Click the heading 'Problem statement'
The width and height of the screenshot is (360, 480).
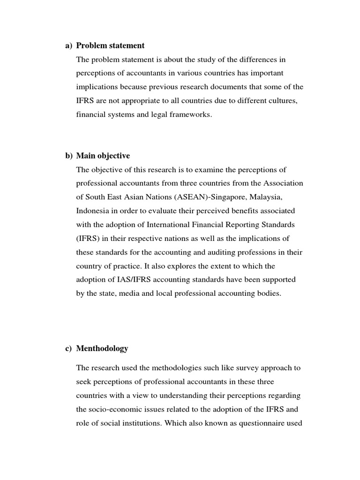pos(110,45)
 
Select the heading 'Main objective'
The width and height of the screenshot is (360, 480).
pos(103,156)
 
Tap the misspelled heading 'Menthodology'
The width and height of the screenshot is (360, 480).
pos(102,348)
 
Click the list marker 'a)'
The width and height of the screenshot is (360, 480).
pos(68,45)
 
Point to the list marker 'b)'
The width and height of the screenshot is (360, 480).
pos(68,156)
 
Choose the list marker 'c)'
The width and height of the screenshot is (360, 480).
pos(68,348)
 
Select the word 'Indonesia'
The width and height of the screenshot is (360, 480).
pos(92,211)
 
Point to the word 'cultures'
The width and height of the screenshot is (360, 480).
pos(283,101)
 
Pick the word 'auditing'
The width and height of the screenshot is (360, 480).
pos(209,252)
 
